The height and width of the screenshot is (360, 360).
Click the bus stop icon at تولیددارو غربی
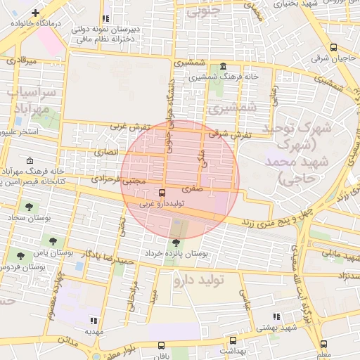pyautogui.click(x=163, y=193)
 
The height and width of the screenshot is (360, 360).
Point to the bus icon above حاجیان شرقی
pyautogui.click(x=333, y=48)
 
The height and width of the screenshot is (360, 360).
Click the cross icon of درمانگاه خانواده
pyautogui.click(x=36, y=13)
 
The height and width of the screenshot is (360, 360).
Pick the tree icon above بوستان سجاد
pyautogui.click(x=28, y=207)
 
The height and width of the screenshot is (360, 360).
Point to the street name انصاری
pyautogui.click(x=108, y=152)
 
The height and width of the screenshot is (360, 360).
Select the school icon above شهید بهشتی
pyautogui.click(x=276, y=317)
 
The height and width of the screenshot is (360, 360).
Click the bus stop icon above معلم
pyautogui.click(x=323, y=345)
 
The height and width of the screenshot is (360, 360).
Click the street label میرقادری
pyautogui.click(x=21, y=62)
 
